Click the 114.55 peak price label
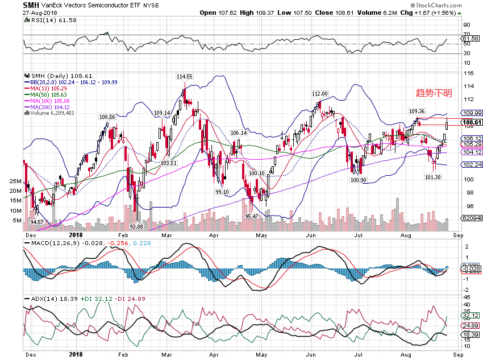click(x=184, y=76)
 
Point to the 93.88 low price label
click(x=135, y=226)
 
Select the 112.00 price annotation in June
click(x=320, y=93)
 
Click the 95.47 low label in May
click(x=251, y=217)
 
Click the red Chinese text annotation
click(x=435, y=93)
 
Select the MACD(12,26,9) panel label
click(x=48, y=243)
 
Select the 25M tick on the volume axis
click(x=16, y=181)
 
